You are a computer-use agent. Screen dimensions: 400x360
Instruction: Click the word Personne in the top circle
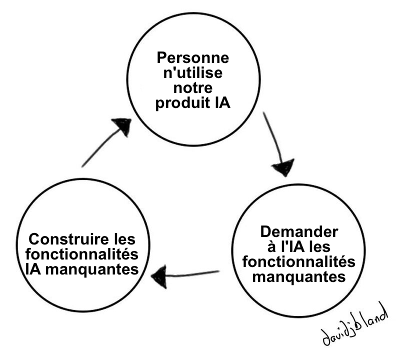point(193,57)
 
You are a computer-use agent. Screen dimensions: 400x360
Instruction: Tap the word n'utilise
point(193,72)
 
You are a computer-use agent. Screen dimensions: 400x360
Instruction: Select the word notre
point(193,88)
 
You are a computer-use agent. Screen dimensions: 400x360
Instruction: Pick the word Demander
point(299,231)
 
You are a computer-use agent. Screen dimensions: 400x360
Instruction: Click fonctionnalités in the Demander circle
point(298,262)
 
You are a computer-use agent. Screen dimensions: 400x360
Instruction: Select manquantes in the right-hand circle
point(298,277)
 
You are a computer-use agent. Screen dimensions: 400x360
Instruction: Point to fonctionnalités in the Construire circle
point(82,254)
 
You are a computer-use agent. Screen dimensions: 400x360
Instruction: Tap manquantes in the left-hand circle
point(92,269)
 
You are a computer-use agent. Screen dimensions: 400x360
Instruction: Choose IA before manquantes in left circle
point(33,269)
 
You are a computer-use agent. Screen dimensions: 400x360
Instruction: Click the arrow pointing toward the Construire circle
point(185,275)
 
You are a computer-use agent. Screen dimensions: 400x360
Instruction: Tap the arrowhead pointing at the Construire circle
point(159,276)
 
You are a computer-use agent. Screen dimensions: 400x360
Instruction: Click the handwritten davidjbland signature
point(354,324)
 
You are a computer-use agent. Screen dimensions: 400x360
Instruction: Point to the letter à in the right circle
point(271,246)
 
